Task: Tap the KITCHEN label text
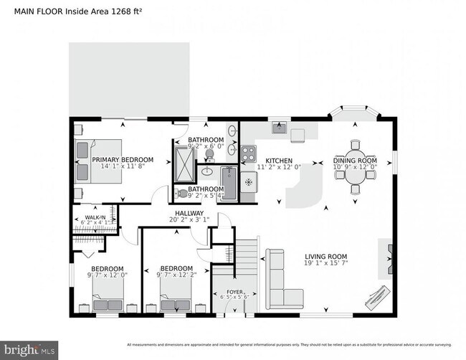click(x=278, y=161)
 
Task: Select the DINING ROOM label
click(x=354, y=161)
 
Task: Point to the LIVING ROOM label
click(x=325, y=256)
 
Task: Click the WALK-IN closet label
click(x=95, y=217)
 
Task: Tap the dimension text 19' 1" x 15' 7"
click(x=325, y=263)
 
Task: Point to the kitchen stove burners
click(x=248, y=153)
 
